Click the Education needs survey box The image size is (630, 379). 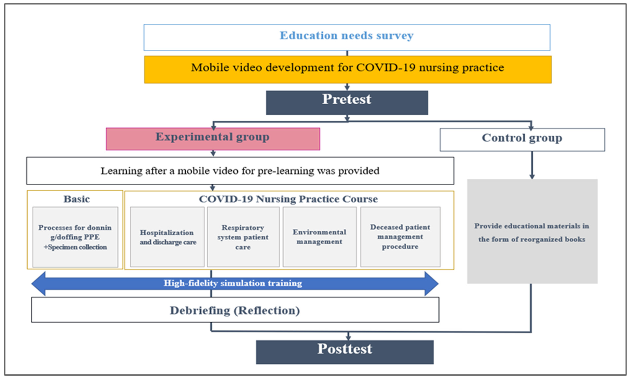[347, 37]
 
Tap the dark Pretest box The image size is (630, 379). [347, 102]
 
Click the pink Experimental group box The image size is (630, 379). [213, 139]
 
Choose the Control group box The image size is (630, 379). [522, 139]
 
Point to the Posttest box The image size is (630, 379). [345, 352]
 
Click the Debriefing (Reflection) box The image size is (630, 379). [235, 310]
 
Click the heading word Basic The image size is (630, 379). [77, 199]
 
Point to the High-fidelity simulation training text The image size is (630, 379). [233, 283]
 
